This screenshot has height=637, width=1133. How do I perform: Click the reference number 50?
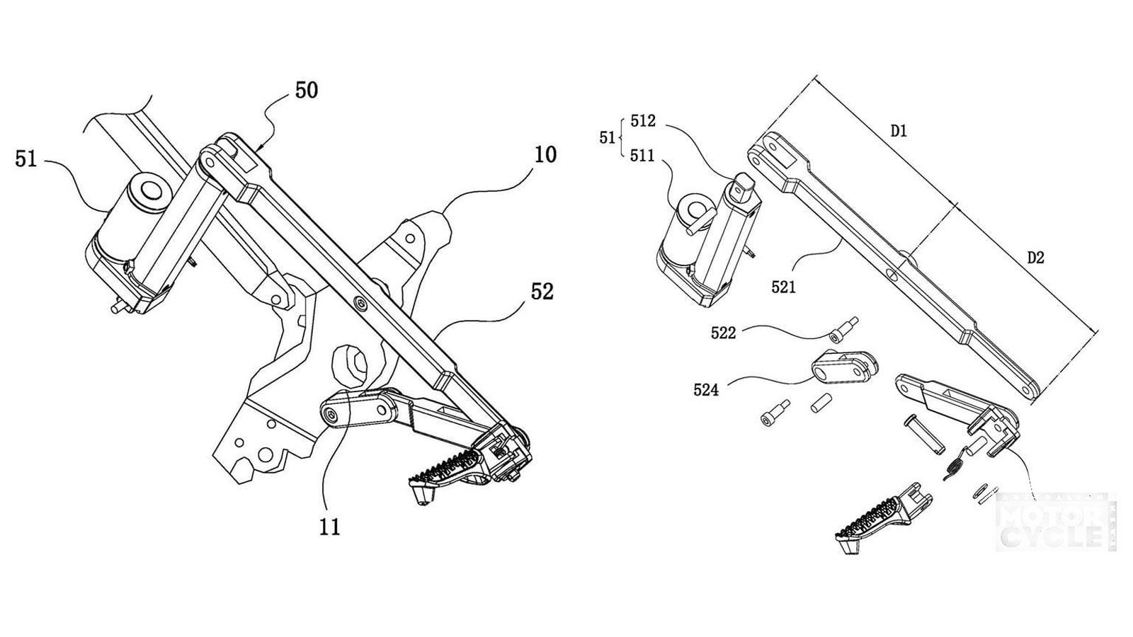click(306, 91)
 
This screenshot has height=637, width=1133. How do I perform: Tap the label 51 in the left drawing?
click(25, 159)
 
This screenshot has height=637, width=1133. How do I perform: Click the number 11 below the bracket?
click(329, 527)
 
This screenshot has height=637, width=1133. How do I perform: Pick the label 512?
click(642, 121)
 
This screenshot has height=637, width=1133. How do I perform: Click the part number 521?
click(783, 287)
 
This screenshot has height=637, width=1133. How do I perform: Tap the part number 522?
click(723, 333)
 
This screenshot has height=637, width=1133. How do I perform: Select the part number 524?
click(706, 389)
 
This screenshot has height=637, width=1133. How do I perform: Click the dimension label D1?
click(899, 131)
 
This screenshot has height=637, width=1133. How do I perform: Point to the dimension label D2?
click(1035, 258)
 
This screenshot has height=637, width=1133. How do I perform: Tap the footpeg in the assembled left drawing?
click(446, 471)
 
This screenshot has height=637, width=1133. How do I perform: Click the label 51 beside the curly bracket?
click(607, 137)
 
